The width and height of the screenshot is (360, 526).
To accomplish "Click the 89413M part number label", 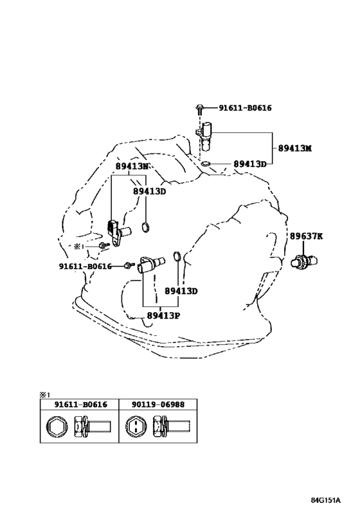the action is tap(294, 148).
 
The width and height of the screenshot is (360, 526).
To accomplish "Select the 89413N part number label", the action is tap(132, 166).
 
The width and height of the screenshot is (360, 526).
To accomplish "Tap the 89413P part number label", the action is tap(163, 316).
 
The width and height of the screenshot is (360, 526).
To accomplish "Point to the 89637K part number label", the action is tap(306, 236).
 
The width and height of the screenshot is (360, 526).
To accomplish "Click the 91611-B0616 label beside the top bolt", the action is tap(245, 108).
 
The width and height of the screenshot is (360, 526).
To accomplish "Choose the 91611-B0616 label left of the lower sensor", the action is tap(85, 267).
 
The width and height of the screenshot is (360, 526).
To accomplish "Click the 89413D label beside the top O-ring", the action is tap(250, 164).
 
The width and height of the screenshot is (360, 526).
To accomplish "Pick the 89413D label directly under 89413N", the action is tap(149, 191).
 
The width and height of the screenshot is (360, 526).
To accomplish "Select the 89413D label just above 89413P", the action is tap(181, 291).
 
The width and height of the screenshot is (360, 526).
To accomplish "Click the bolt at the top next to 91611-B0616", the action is tap(199, 109).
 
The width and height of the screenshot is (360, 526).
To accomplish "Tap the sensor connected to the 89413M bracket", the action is tap(205, 136).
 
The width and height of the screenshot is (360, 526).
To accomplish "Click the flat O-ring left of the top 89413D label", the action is tap(206, 164).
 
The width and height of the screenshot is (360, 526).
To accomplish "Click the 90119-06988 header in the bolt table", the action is tap(157, 404).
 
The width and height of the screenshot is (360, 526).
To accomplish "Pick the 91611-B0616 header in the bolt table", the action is tap(80, 404).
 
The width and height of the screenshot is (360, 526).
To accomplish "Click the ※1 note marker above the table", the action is tap(44, 395).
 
